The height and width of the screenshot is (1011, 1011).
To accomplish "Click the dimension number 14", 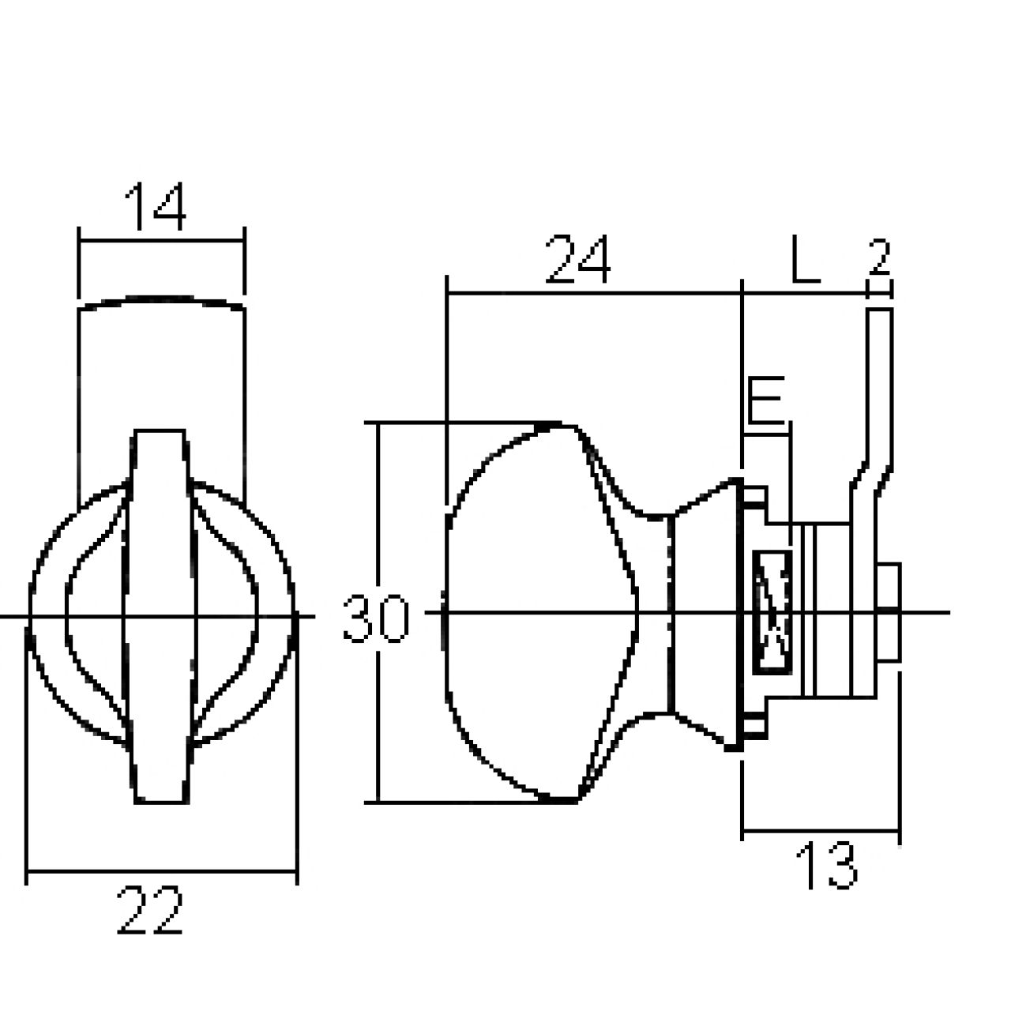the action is [156, 206].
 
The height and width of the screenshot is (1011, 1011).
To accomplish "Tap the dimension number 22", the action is [149, 910].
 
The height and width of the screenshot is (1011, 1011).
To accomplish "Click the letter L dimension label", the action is [804, 259].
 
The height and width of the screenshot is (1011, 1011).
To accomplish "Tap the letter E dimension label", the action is [765, 400].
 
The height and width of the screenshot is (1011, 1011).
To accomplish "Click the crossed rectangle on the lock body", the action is [772, 612].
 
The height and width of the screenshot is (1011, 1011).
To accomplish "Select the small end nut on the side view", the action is [889, 613].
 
